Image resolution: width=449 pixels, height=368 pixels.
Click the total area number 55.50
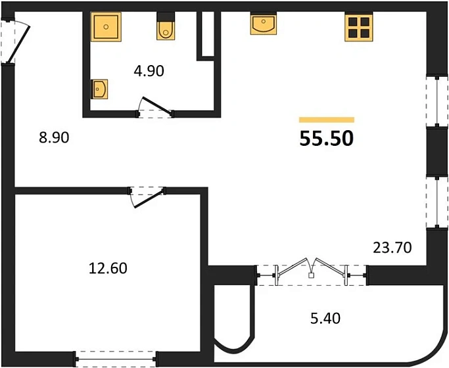click(327, 139)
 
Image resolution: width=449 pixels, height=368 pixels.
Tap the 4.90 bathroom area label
click(149, 71)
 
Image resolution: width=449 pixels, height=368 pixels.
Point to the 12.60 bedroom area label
click(108, 268)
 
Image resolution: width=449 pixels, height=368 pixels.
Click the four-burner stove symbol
click(360, 28)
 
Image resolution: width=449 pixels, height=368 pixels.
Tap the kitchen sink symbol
click(264, 24)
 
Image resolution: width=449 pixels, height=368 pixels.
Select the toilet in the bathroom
click(166, 27)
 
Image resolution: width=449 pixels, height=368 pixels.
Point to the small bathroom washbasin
click(100, 89)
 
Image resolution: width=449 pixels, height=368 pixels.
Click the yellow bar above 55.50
click(327, 120)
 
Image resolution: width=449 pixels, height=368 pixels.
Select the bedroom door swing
click(147, 195)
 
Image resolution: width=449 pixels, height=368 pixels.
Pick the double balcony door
click(311, 270)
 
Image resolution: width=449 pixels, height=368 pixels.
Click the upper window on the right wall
click(434, 101)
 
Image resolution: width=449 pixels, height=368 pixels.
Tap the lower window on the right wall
click(434, 202)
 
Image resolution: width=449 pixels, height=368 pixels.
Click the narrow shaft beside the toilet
click(206, 34)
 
